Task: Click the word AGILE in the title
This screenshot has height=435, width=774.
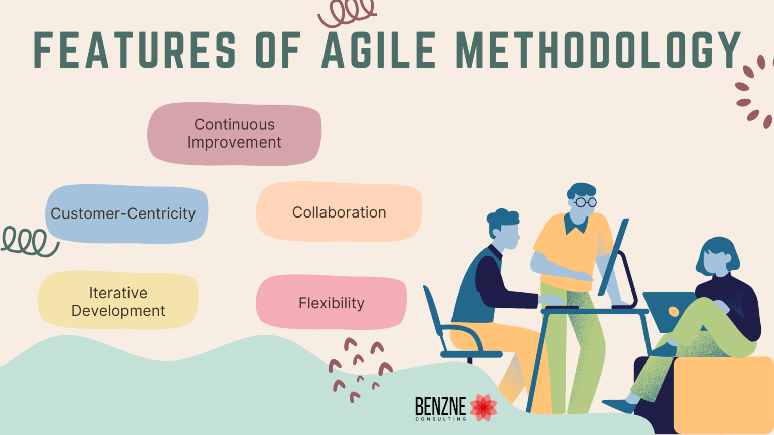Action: coord(378,50)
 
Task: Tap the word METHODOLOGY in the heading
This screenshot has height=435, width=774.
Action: coord(598,50)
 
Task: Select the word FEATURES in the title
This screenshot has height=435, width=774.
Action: coord(135,50)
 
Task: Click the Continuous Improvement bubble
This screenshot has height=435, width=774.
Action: coord(234,134)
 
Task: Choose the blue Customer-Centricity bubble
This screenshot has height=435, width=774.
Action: coord(126,214)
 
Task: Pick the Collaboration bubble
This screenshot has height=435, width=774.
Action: coord(339,212)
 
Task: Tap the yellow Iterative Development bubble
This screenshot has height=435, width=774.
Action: coord(118,301)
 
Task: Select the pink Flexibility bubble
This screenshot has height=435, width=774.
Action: coord(331,303)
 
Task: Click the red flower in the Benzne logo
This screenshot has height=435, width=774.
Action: coord(483,407)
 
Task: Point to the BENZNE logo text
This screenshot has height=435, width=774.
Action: coord(440,406)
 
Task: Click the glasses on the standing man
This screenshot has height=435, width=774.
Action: coord(585,202)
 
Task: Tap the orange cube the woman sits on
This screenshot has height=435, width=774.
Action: coord(723,393)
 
